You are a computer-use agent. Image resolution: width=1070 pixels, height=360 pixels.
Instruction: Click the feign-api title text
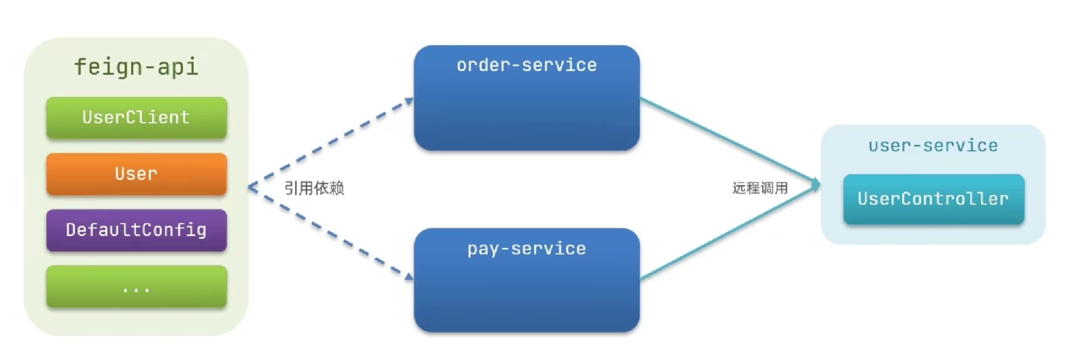(x=136, y=67)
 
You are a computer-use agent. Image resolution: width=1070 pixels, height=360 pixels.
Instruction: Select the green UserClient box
(x=137, y=118)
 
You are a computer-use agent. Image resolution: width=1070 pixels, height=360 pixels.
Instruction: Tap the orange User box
(x=137, y=174)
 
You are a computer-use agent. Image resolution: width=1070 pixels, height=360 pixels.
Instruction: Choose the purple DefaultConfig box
(x=137, y=230)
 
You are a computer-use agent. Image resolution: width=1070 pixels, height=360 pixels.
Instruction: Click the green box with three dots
(x=137, y=287)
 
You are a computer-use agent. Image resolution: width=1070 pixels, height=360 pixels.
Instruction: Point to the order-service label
(x=526, y=65)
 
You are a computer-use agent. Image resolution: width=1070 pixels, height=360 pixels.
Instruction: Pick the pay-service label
(x=526, y=249)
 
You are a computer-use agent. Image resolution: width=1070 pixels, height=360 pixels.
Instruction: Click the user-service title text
(x=933, y=146)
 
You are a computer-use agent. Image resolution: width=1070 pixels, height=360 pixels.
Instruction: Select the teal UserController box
(x=933, y=199)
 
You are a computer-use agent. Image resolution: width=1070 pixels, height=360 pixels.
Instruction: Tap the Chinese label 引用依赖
(x=314, y=188)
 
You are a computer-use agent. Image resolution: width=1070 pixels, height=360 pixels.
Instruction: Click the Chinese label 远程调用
(x=760, y=188)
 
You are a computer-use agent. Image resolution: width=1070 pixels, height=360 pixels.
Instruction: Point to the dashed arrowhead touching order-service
(x=410, y=101)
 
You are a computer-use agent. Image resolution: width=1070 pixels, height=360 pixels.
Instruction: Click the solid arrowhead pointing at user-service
(x=816, y=185)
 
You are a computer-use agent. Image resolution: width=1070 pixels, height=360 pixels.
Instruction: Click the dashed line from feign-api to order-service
(x=329, y=143)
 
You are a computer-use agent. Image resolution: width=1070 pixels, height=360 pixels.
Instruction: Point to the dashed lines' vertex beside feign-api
(x=249, y=187)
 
